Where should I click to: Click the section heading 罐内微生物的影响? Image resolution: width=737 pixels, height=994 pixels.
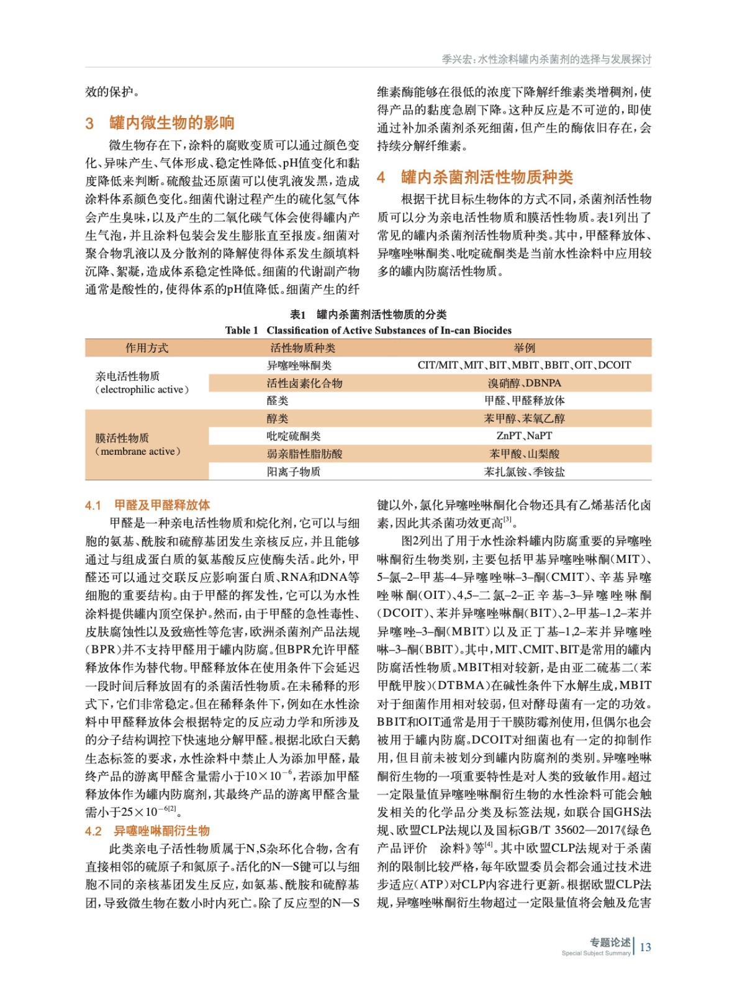pyautogui.click(x=171, y=123)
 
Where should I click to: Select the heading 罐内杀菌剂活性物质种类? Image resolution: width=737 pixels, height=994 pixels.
pyautogui.click(x=486, y=178)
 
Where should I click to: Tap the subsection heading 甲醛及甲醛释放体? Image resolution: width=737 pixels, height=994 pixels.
pyautogui.click(x=162, y=505)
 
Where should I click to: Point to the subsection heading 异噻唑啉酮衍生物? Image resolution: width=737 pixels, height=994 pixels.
pyautogui.click(x=161, y=831)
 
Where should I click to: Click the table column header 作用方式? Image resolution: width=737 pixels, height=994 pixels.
pyautogui.click(x=147, y=348)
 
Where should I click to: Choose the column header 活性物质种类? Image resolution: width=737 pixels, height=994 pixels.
pyautogui.click(x=302, y=348)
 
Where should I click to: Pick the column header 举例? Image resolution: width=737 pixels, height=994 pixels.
pyautogui.click(x=524, y=348)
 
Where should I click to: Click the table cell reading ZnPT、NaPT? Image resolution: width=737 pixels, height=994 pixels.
pyautogui.click(x=524, y=436)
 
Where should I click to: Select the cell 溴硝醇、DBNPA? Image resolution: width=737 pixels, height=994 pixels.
pyautogui.click(x=524, y=383)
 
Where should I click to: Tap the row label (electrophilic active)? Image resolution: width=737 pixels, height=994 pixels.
pyautogui.click(x=142, y=390)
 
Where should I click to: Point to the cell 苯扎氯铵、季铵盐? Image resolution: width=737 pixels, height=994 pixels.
pyautogui.click(x=524, y=472)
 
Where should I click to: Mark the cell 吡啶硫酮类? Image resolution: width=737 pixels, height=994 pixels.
pyautogui.click(x=294, y=436)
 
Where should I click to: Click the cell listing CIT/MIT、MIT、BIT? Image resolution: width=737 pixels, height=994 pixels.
pyautogui.click(x=524, y=365)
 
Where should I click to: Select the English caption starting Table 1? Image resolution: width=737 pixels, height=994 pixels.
pyautogui.click(x=368, y=331)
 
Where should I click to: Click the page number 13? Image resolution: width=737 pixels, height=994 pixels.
pyautogui.click(x=645, y=947)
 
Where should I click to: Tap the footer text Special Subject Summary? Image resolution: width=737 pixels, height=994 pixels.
pyautogui.click(x=595, y=953)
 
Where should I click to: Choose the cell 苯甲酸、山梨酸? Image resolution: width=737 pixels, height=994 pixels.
pyautogui.click(x=524, y=454)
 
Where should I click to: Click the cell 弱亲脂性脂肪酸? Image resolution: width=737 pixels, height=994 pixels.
pyautogui.click(x=304, y=454)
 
